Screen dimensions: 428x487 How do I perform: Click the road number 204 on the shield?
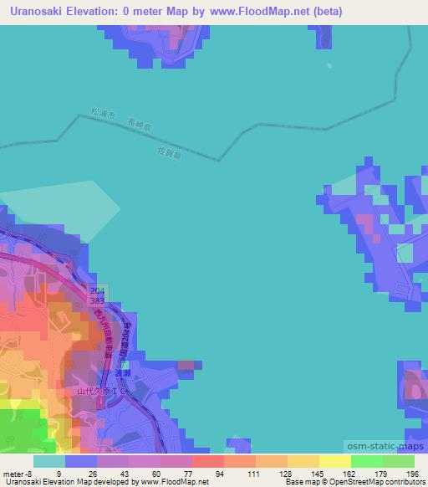[98, 290]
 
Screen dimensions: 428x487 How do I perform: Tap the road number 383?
[98, 300]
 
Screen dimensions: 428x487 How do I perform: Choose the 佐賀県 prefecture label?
[192, 154]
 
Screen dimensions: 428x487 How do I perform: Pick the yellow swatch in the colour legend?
[334, 460]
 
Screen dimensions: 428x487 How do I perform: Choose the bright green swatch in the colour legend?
[366, 460]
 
